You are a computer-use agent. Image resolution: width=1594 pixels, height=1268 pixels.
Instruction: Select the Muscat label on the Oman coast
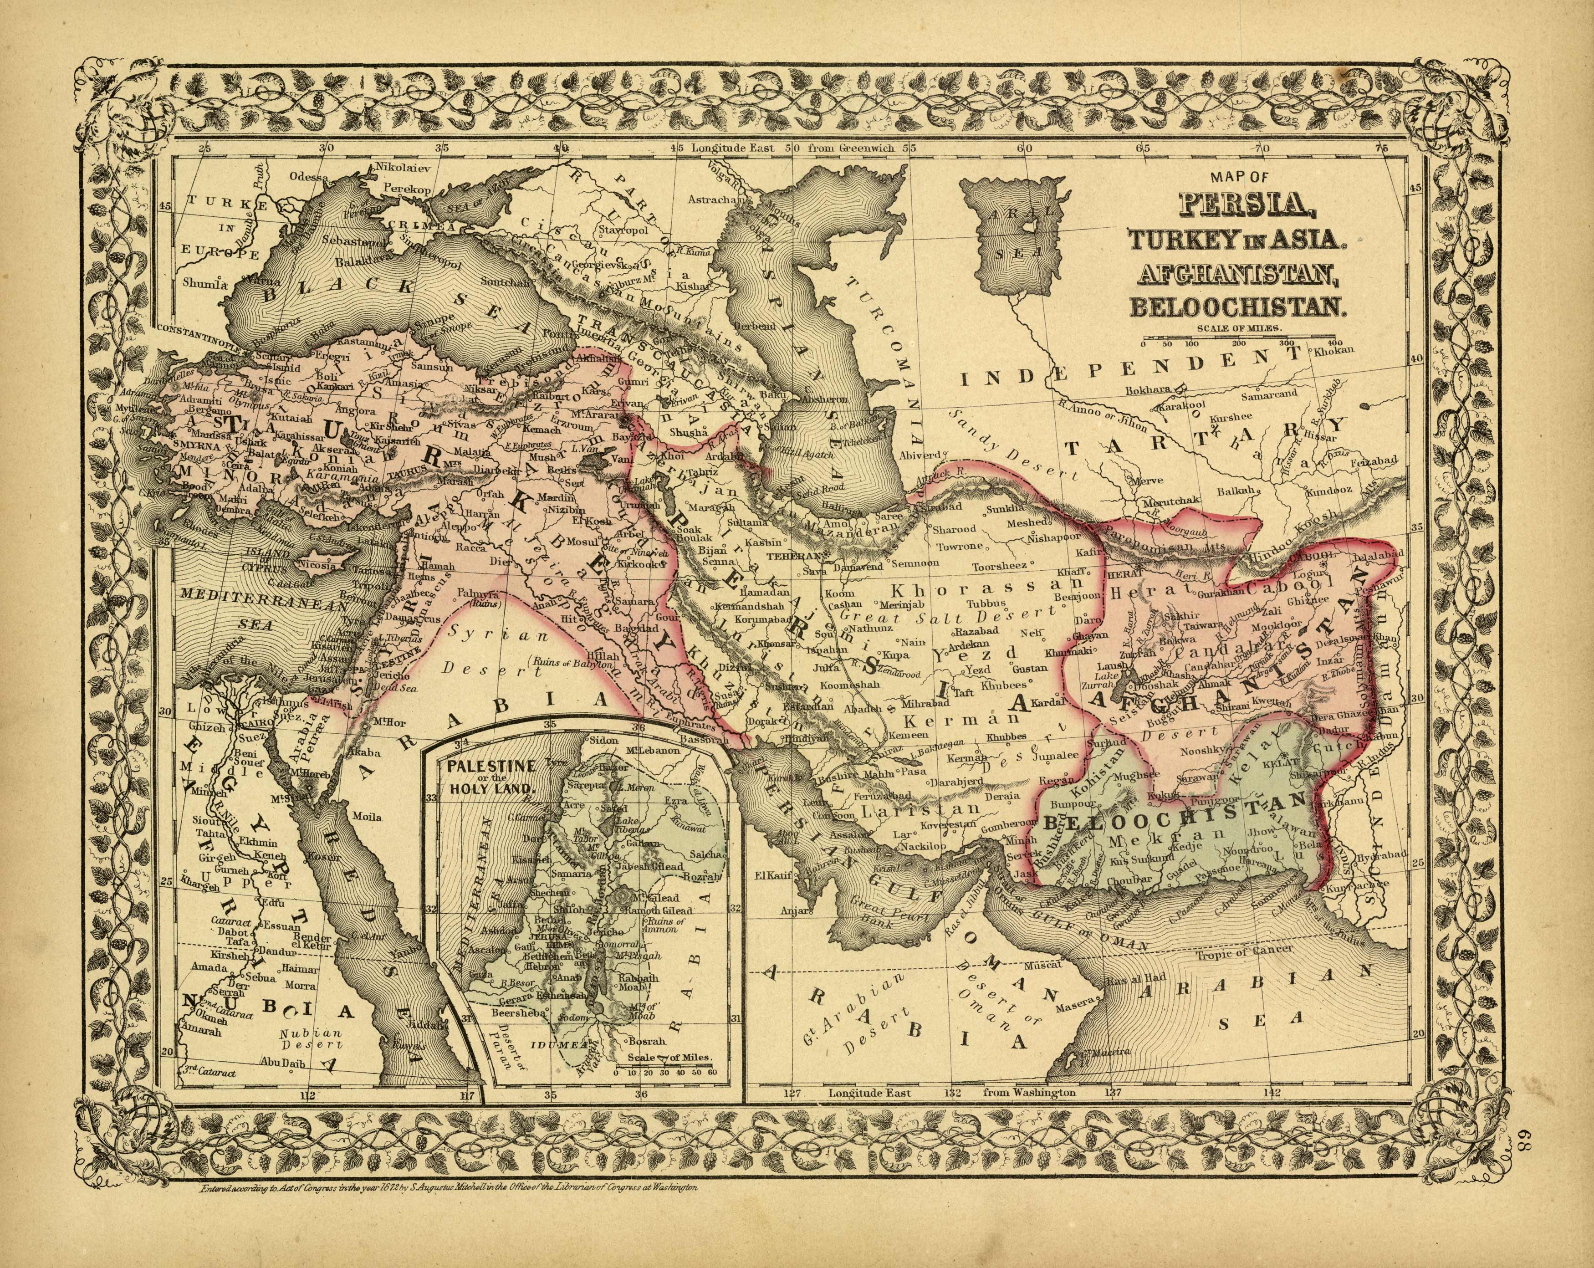(x=1043, y=965)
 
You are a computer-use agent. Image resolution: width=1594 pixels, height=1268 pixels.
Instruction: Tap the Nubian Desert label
(x=311, y=1039)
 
